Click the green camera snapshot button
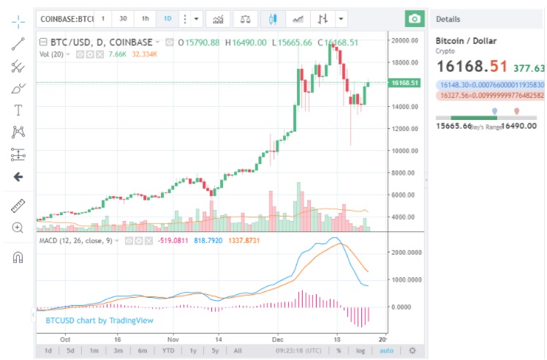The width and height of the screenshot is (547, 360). [415, 19]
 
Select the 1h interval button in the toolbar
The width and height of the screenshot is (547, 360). [146, 19]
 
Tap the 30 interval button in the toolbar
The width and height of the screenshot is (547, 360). [123, 19]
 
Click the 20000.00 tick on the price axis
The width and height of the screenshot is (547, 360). [404, 40]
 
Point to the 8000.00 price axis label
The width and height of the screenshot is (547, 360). [404, 173]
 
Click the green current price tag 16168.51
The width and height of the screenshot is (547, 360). [404, 83]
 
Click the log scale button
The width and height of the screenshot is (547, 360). [360, 351]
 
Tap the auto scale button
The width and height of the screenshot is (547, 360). [386, 351]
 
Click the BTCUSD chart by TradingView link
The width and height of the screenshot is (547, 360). [100, 320]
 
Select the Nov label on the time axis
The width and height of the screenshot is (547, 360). [173, 340]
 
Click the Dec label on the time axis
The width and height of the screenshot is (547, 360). [278, 340]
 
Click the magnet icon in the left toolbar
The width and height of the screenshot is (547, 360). [18, 257]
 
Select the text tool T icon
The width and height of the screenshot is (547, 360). [18, 110]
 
